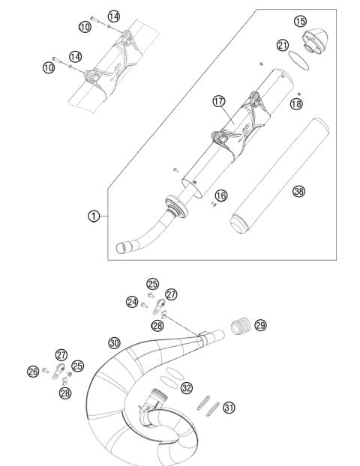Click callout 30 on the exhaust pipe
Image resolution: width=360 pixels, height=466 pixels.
click(x=114, y=342)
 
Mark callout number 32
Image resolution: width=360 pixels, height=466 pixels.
click(x=187, y=387)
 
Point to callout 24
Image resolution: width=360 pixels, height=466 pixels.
click(x=133, y=303)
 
